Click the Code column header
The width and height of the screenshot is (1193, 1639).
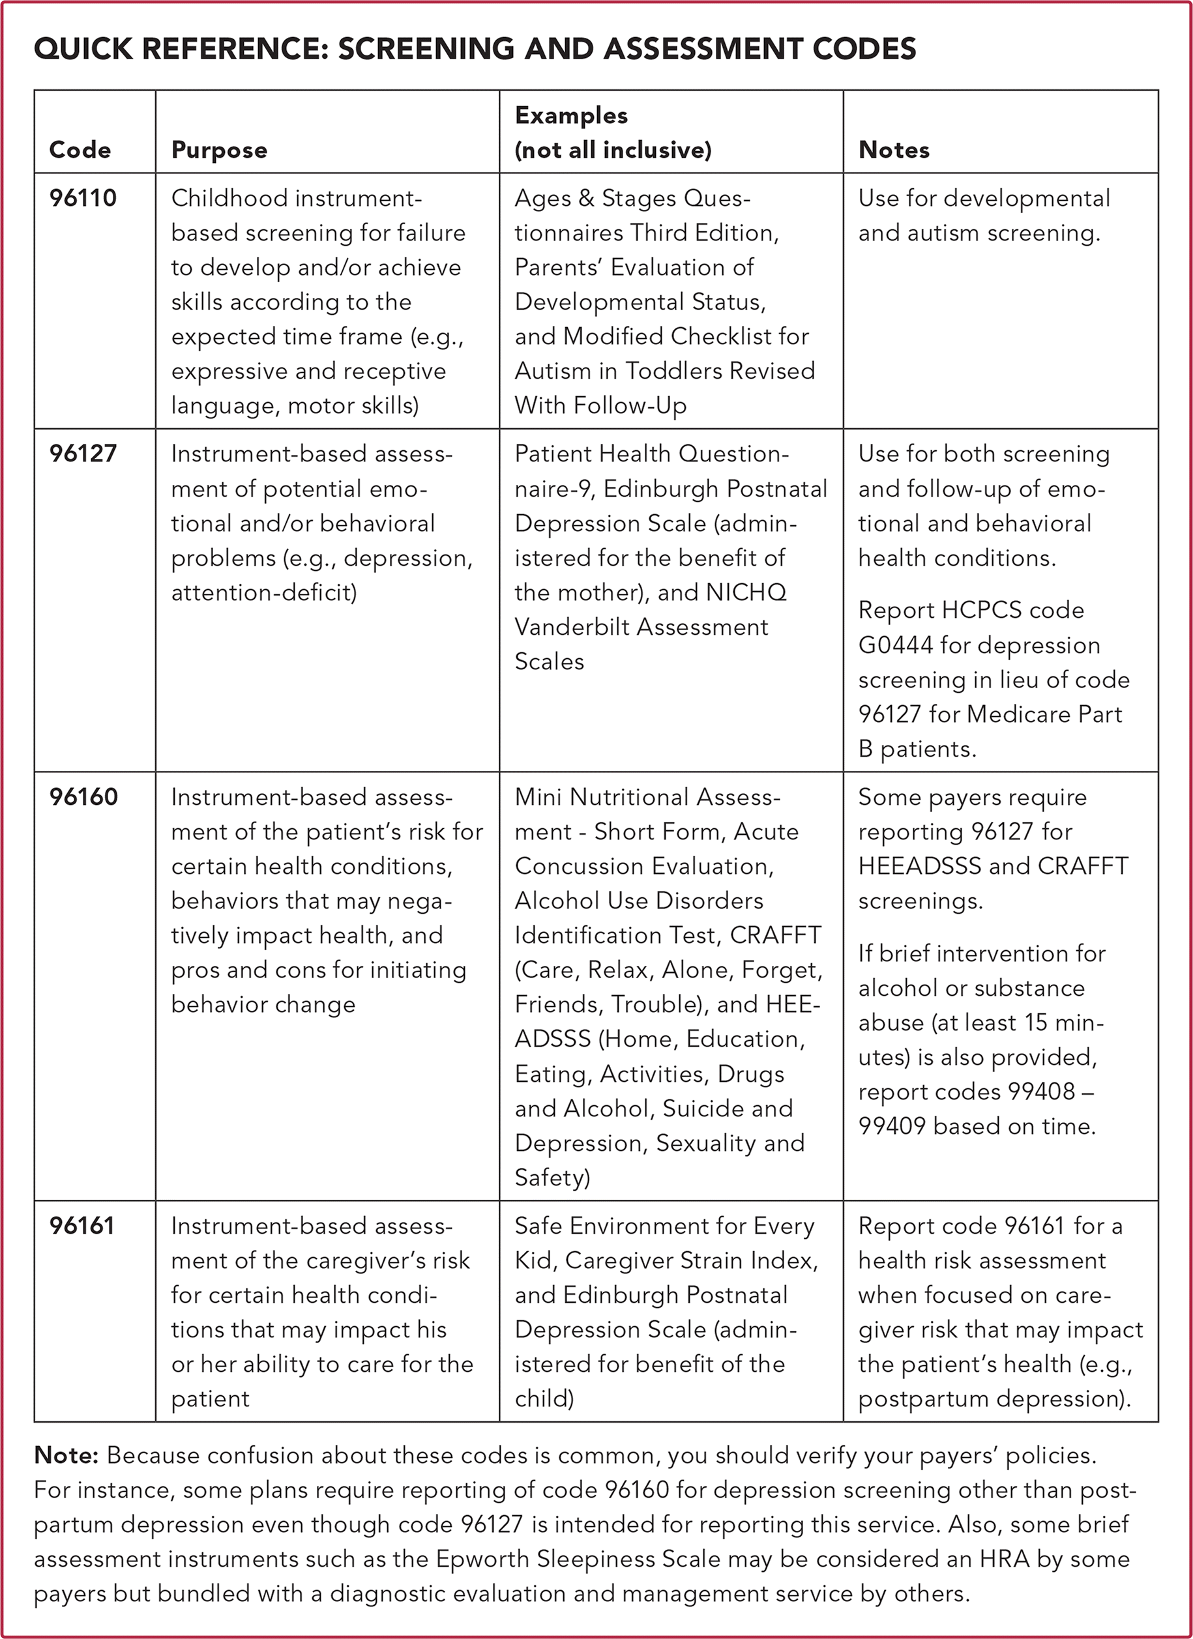click(80, 151)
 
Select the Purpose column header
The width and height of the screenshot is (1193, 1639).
click(219, 151)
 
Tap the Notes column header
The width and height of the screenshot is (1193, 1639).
click(894, 151)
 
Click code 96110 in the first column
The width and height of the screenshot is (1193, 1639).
click(82, 198)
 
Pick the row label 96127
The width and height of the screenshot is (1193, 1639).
click(82, 454)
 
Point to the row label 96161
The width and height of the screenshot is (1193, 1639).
click(81, 1226)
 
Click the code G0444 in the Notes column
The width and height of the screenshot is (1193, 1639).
click(895, 645)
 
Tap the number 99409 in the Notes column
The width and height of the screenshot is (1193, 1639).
click(892, 1126)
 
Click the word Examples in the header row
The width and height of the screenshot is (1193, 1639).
click(571, 115)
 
